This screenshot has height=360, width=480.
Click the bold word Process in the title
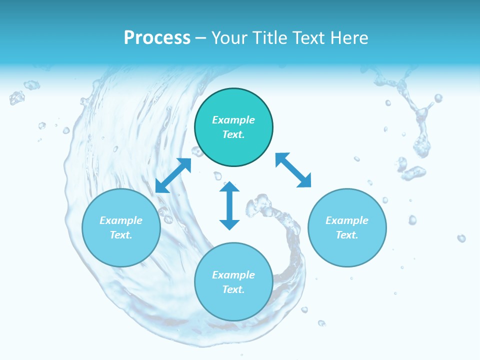pyautogui.click(x=157, y=38)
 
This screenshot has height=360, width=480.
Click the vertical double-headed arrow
pyautogui.click(x=229, y=206)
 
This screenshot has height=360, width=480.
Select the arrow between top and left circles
pyautogui.click(x=173, y=175)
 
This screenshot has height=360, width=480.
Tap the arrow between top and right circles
pyautogui.click(x=293, y=170)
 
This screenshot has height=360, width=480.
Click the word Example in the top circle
pyautogui.click(x=233, y=120)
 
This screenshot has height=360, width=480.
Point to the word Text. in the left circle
pyautogui.click(x=121, y=235)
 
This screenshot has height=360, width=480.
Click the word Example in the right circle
pyautogui.click(x=347, y=220)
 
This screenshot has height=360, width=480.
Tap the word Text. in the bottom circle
pyautogui.click(x=233, y=289)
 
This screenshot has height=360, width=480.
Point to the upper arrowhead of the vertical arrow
pyautogui.click(x=229, y=187)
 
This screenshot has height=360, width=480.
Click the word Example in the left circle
pyautogui.click(x=121, y=220)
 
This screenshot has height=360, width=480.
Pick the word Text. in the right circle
pyautogui.click(x=347, y=235)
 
